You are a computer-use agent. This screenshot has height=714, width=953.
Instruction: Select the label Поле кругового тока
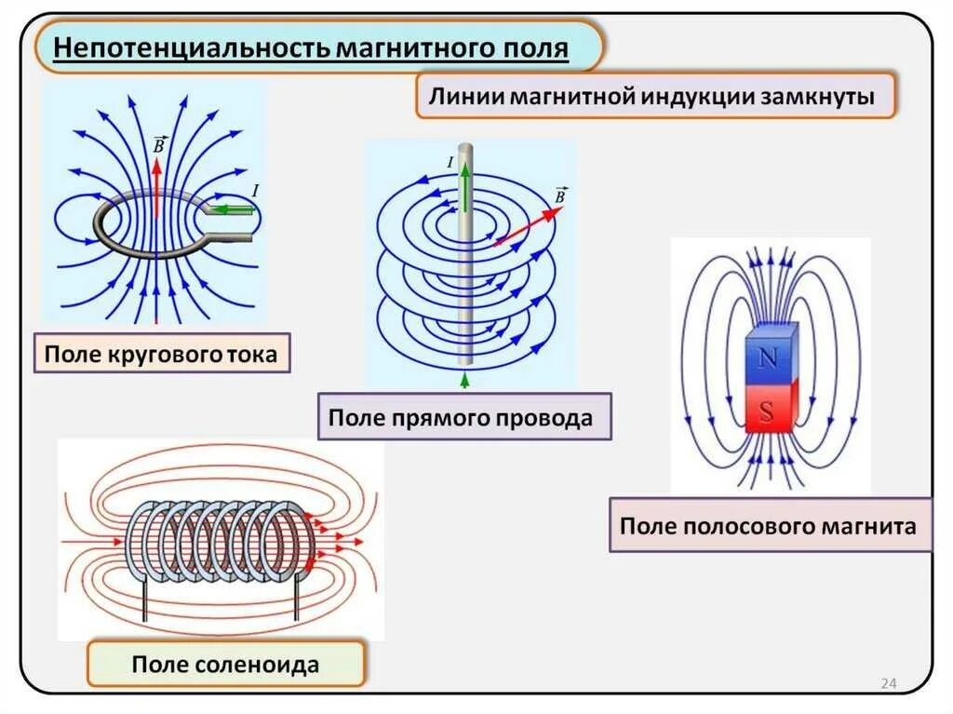[161, 354]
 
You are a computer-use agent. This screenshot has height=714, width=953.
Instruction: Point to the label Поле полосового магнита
[768, 526]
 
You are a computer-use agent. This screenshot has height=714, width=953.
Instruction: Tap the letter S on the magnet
[767, 412]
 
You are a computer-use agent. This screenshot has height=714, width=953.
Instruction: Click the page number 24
[888, 685]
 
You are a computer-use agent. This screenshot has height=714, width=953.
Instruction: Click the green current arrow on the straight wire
[463, 191]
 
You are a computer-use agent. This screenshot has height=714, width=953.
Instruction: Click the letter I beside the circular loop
[255, 191]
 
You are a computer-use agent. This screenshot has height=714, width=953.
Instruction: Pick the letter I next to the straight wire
[450, 163]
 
